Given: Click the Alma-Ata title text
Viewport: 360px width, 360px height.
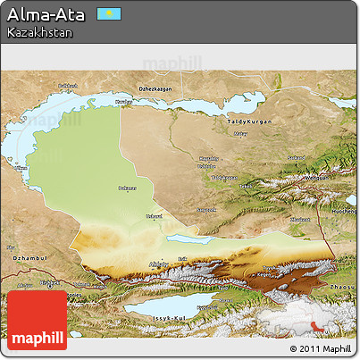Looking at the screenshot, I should (46, 14).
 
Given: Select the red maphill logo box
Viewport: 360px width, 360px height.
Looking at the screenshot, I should (37, 320).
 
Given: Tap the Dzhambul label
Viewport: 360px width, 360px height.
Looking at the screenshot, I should (21, 258).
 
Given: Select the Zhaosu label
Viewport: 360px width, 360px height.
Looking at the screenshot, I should (342, 284).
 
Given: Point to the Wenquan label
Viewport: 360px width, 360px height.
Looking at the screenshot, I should (317, 177).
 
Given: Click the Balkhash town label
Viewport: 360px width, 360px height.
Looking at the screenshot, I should (69, 86).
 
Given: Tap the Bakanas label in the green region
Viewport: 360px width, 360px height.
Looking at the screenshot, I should (129, 188).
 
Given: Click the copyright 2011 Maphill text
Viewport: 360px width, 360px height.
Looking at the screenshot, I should (322, 347).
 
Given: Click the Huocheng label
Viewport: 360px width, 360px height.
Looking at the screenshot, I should (343, 211).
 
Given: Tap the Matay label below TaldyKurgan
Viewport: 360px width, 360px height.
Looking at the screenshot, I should (239, 134).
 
